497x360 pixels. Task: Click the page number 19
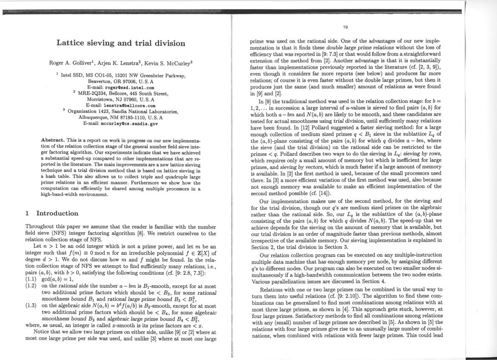[345, 28]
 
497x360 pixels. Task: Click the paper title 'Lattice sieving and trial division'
[121, 43]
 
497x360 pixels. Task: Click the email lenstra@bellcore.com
[121, 106]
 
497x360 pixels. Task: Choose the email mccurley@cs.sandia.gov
[121, 124]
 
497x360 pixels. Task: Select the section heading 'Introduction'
[57, 213]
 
